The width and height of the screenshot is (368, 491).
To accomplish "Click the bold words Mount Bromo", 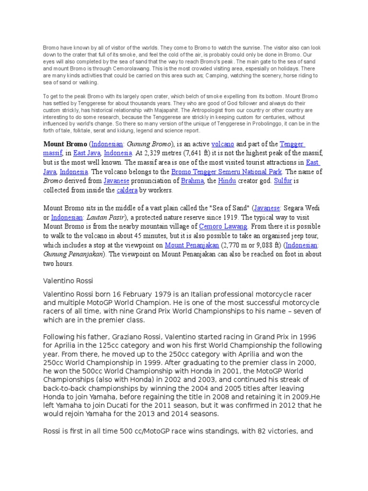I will coord(65,144).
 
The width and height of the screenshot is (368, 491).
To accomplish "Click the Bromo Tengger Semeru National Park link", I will coord(230,172).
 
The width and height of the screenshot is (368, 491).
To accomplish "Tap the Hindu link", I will coord(227,181).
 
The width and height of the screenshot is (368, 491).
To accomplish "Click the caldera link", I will coord(127,190).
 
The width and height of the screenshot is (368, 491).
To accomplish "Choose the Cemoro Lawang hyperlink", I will coord(223,226).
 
